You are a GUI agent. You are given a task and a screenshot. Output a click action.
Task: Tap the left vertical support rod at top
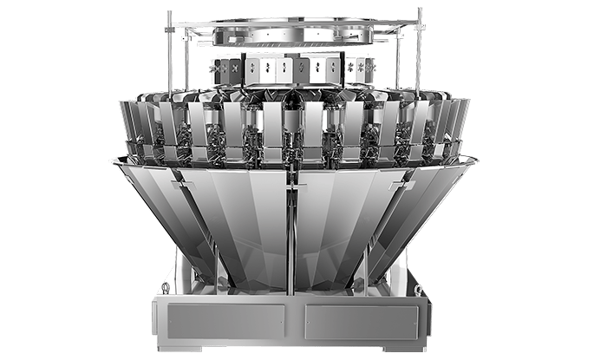170,52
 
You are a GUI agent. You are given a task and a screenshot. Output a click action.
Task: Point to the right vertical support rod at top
421,52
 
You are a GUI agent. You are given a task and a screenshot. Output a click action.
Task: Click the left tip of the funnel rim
112,159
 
